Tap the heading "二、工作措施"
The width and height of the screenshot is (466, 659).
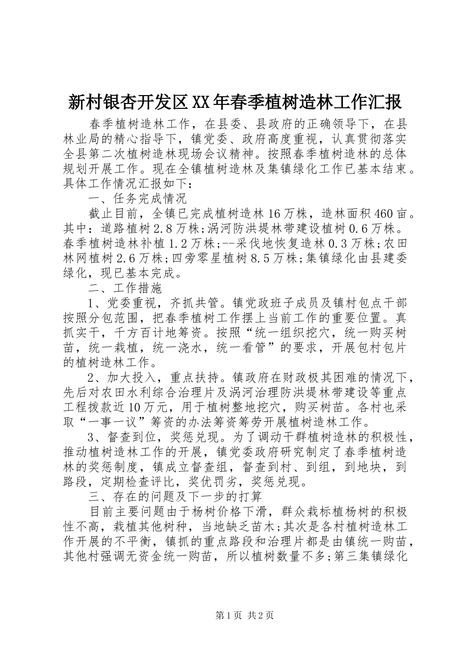coord(125,287)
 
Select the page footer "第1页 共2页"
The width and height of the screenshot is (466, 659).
coord(233,616)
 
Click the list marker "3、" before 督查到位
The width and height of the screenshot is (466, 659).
coord(95,437)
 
